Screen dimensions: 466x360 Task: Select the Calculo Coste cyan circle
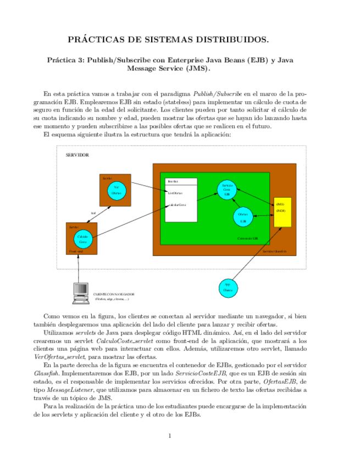[82, 239]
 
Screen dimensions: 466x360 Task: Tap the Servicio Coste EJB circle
[226, 190]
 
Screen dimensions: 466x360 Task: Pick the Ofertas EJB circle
[242, 217]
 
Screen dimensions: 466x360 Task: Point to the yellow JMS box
[282, 211]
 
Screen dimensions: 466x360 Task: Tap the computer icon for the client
[80, 292]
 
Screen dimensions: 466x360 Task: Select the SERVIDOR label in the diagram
[77, 155]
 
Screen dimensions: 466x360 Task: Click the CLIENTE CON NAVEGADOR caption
[114, 294]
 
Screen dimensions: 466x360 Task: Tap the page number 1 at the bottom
[170, 436]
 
